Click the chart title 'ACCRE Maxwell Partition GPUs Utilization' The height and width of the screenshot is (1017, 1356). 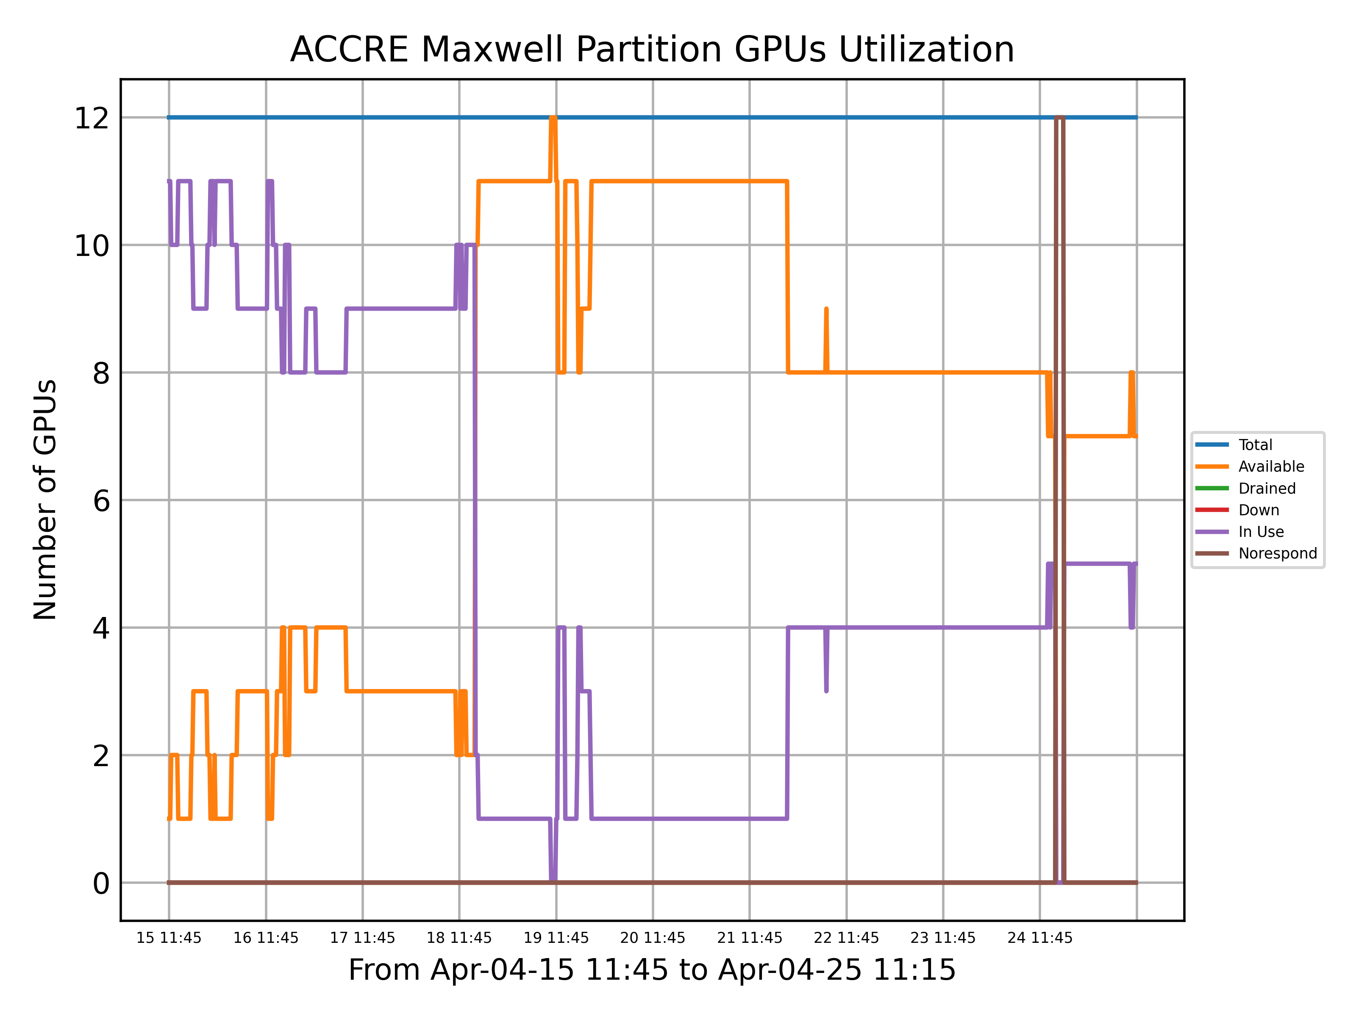[x=652, y=49]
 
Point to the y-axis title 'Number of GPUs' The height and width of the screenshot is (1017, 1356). [x=45, y=500]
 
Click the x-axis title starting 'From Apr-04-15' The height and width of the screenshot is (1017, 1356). [x=652, y=970]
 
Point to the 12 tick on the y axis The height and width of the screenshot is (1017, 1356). [x=92, y=118]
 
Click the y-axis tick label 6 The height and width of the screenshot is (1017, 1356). [x=101, y=500]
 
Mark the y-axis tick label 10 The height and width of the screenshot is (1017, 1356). [x=92, y=245]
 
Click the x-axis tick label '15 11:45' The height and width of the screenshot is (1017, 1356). [x=169, y=938]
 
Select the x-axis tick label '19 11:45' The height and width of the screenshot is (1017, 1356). [x=556, y=938]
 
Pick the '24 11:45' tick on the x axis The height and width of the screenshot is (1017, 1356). [x=1040, y=938]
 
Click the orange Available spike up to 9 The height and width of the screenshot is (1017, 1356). [x=826, y=310]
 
